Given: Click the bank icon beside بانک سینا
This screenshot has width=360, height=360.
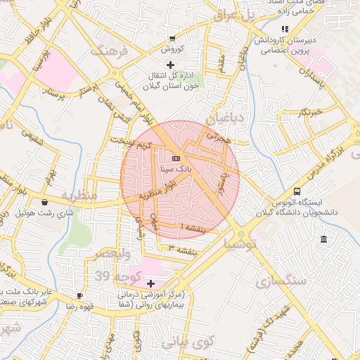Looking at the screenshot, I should click(x=175, y=159).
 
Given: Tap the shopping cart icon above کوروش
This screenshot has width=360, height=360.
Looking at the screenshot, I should click(x=172, y=39).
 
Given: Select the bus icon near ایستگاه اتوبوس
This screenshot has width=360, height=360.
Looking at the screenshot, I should click(x=297, y=191).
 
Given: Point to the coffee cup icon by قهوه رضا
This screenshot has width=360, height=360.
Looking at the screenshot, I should click(x=79, y=295).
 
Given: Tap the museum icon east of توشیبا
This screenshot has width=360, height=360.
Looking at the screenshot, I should click(x=323, y=240).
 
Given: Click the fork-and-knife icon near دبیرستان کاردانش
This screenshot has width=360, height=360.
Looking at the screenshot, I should click(x=285, y=29).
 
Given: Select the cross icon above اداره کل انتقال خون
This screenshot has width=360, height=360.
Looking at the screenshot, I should click(x=169, y=65).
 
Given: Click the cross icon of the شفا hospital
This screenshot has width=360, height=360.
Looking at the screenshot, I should click(x=151, y=283).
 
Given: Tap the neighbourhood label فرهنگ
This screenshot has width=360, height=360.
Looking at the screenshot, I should click(x=106, y=51).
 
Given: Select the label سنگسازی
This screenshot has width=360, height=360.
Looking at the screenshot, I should click(x=286, y=281).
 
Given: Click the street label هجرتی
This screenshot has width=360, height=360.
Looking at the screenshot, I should click(x=218, y=137).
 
